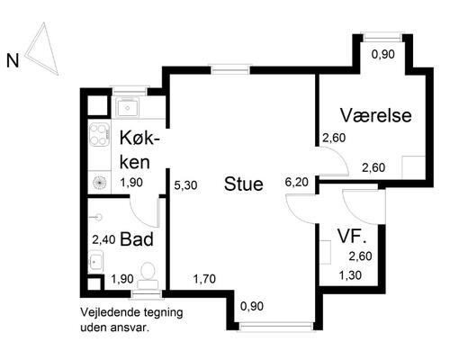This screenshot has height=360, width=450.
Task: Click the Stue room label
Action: point(244,185)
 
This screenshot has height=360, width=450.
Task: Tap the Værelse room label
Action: point(376,116)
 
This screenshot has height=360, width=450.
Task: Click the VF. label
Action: point(351,237)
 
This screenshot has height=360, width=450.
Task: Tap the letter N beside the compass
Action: point(13,61)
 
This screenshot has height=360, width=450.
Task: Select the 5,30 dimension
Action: point(185,184)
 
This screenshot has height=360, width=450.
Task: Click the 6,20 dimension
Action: point(296,181)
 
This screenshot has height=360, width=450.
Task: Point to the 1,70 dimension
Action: point(205,279)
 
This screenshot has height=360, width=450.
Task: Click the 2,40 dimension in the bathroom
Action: point(104,239)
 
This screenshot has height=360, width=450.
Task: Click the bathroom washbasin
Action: point(96,262)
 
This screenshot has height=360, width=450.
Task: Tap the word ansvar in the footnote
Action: point(130,328)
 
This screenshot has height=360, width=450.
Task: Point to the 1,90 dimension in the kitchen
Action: point(132,182)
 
